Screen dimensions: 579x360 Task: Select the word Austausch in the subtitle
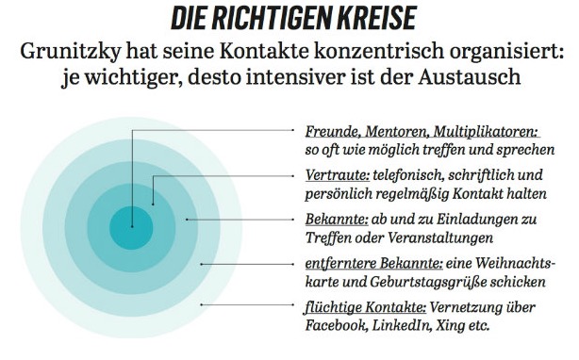click(x=470, y=76)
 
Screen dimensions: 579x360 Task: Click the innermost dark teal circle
click(x=131, y=228)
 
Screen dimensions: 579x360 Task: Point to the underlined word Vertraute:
click(x=338, y=175)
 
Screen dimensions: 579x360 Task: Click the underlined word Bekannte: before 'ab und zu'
click(x=337, y=219)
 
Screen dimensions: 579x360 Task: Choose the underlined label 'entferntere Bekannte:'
click(x=374, y=263)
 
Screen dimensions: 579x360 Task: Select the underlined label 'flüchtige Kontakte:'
click(x=365, y=307)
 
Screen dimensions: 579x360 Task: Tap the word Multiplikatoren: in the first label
click(x=487, y=132)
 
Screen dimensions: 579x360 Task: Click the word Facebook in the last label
click(x=337, y=325)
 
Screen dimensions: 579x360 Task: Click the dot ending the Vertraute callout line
click(x=153, y=204)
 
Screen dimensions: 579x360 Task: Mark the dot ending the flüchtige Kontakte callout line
click(x=202, y=304)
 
